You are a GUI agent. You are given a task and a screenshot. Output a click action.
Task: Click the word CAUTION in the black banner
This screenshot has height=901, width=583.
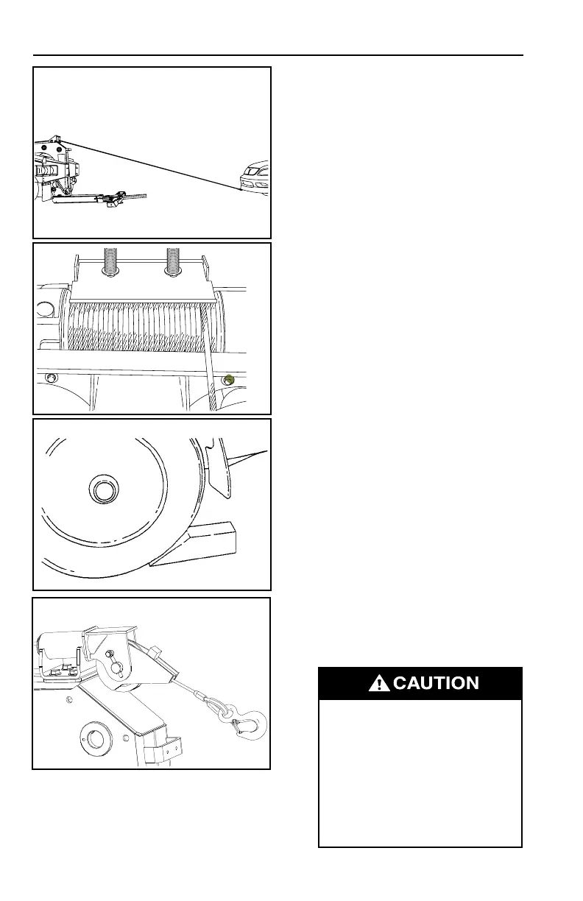pos(436,683)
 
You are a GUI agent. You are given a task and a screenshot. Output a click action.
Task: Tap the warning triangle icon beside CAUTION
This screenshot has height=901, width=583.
pos(379,684)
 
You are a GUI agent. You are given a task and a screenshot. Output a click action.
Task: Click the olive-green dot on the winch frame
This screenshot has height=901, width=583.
pos(229,380)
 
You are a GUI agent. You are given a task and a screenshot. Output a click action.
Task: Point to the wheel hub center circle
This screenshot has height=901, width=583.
pos(103,487)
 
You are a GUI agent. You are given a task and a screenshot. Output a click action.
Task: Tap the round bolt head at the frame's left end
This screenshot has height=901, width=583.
pos(52,379)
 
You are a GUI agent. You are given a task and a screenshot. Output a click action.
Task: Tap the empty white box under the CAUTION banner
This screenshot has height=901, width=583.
pos(420,773)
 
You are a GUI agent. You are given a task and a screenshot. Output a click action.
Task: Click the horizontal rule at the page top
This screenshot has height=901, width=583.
pos(278,55)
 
